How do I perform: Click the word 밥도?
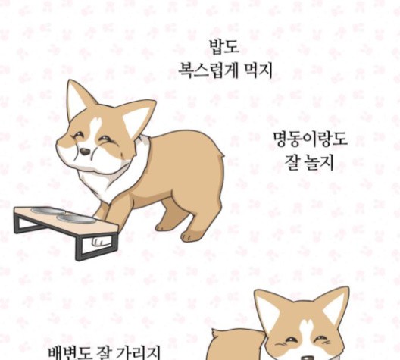224,47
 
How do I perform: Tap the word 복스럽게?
208,70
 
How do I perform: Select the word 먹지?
258,70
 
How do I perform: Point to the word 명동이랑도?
310,139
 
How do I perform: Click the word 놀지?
319,162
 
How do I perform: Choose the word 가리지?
138,352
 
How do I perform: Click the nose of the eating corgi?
85,152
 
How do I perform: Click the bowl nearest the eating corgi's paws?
75,218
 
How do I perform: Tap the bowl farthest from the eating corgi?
48,211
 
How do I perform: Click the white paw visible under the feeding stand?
100,241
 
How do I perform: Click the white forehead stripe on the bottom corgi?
306,329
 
